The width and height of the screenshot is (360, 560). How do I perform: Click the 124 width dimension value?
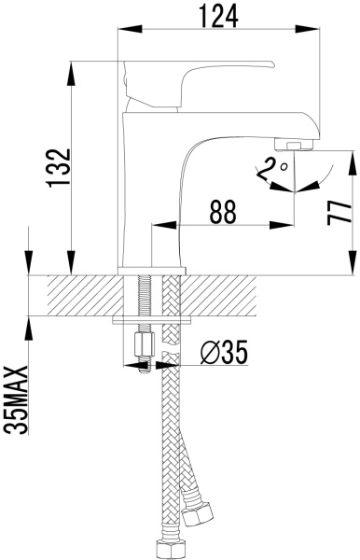pos(219,16)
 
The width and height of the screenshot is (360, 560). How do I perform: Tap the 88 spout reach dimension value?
pos(221,212)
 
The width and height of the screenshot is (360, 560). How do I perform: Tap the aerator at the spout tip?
pos(298,146)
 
